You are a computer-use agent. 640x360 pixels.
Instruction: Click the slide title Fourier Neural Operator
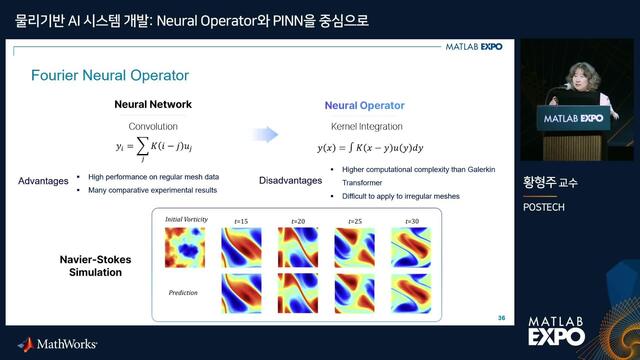(x=110, y=75)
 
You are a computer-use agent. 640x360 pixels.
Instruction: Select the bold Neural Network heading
(x=153, y=105)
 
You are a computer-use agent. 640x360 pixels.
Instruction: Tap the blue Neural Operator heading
(x=365, y=105)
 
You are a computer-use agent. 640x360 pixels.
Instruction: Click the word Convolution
(x=153, y=127)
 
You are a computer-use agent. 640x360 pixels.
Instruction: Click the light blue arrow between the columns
(x=264, y=136)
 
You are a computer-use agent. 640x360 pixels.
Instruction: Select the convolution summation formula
(x=153, y=151)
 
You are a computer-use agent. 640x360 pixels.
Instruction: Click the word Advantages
(x=43, y=181)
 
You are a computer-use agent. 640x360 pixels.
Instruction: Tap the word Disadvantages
(x=282, y=181)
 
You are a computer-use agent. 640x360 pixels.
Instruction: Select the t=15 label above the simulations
(x=243, y=221)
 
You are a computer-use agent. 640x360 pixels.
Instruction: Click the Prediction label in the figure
(x=184, y=291)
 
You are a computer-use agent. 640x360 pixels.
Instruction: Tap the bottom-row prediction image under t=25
(x=355, y=295)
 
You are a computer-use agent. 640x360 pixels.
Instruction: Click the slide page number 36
(x=501, y=318)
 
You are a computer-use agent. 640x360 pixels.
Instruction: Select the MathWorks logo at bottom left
(x=57, y=344)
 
